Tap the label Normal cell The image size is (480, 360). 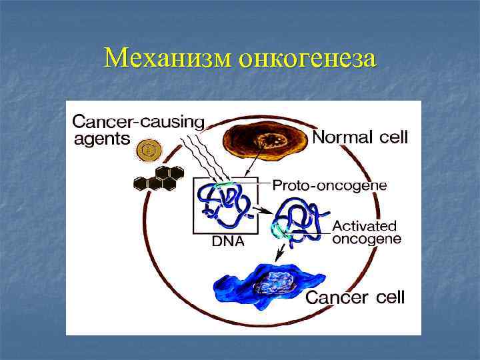360,138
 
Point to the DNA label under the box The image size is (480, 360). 228,242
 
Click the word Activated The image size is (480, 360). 365,225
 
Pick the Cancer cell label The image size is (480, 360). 355,297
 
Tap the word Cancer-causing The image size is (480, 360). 138,122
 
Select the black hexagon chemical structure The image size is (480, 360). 159,177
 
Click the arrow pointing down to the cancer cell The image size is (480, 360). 283,252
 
